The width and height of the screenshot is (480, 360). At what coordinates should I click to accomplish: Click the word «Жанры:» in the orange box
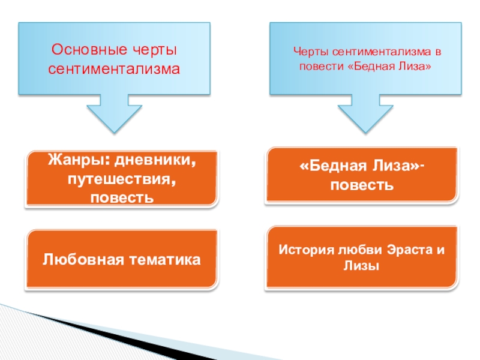pos(74,163)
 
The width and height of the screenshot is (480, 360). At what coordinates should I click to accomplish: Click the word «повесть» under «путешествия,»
pos(120,197)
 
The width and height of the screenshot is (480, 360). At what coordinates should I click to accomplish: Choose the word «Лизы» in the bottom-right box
pos(361,267)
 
